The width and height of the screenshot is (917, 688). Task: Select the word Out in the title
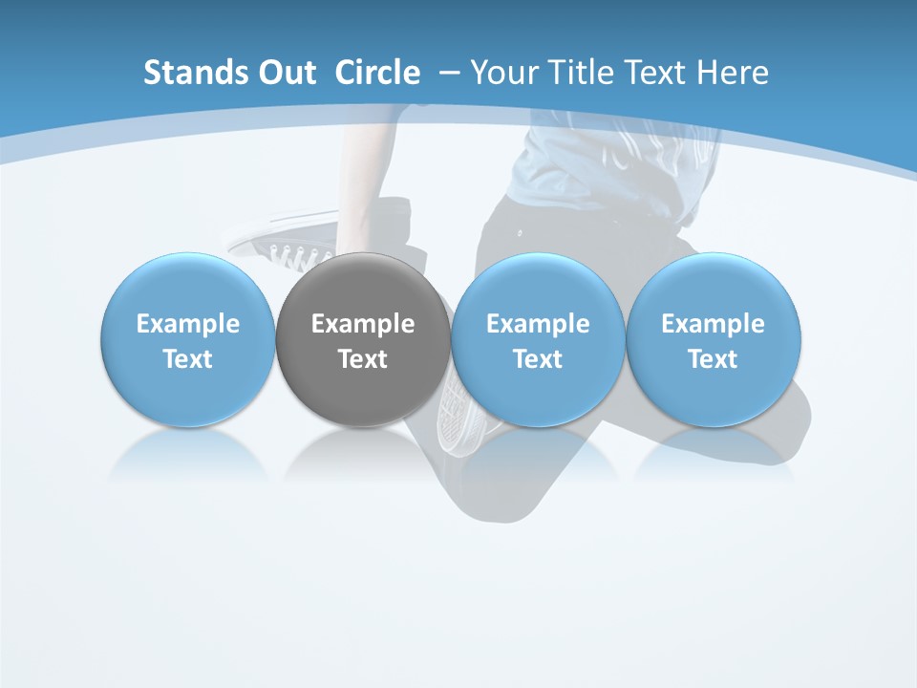284,73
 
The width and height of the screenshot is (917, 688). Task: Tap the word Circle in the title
377,73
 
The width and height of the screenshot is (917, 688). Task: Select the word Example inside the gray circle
363,325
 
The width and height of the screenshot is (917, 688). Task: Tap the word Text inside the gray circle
363,359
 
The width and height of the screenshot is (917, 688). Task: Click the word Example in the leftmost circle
188,325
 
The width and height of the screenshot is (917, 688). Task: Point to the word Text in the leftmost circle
188,359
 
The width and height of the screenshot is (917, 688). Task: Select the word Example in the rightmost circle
713,325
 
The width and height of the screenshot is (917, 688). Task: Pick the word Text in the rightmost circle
713,359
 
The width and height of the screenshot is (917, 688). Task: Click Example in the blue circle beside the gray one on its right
538,325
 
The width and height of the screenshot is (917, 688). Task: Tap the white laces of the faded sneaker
296,254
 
